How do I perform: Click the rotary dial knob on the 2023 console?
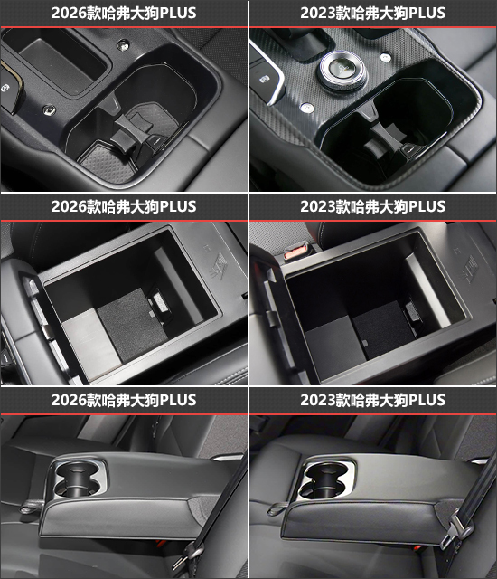(x=342, y=71)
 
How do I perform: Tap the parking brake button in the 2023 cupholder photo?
(x=265, y=79)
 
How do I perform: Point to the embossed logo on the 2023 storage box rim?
(x=469, y=269)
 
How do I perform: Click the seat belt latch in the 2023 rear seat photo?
(x=455, y=532)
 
